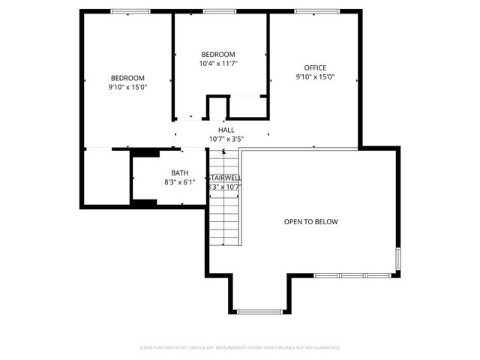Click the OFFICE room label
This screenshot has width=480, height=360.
(x=315, y=67)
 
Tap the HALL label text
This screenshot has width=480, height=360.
(x=226, y=130)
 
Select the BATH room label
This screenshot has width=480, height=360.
(x=179, y=172)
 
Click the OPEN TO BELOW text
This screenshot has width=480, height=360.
(x=310, y=222)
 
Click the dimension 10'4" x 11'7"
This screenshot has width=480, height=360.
(x=218, y=64)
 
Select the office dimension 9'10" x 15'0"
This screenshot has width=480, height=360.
(x=315, y=77)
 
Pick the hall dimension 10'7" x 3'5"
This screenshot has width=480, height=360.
(x=226, y=139)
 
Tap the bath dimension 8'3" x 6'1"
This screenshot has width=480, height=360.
(x=179, y=182)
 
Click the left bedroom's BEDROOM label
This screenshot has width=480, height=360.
(x=127, y=78)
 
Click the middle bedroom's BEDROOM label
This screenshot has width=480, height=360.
(x=218, y=54)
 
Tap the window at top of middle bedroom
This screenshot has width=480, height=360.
(x=219, y=11)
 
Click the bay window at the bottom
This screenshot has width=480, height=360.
(x=259, y=311)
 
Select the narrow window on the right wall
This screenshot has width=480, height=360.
(x=398, y=259)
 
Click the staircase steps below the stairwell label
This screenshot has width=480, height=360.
(x=224, y=217)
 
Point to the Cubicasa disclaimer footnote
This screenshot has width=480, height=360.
(x=240, y=348)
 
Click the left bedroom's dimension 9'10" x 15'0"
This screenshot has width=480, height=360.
(x=127, y=87)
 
